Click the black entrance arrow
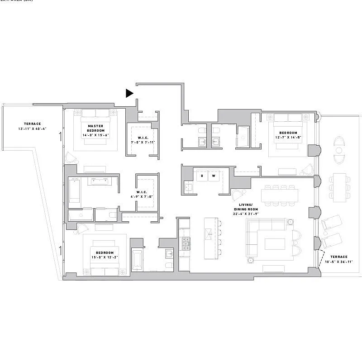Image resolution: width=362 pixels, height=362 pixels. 129,93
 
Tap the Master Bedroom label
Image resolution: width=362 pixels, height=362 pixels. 95,130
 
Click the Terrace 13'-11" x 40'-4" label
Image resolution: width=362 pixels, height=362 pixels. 32,126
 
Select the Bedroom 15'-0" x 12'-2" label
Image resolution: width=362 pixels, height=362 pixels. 104,255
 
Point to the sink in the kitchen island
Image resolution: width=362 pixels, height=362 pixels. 210,233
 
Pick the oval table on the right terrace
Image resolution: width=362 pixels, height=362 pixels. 339,147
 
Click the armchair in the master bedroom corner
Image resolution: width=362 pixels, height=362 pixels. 71,158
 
